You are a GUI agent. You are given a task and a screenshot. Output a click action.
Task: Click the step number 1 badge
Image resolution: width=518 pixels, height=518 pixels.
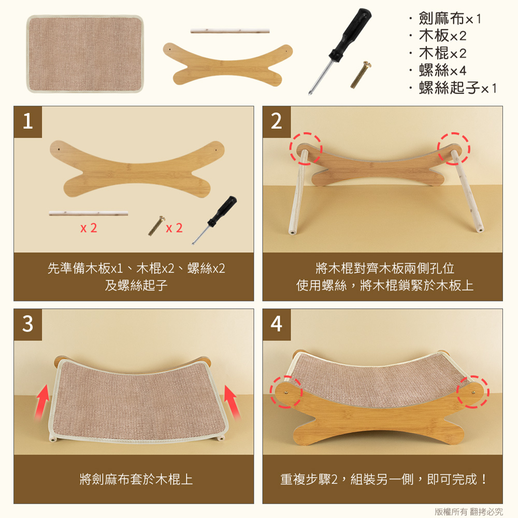point(28,122)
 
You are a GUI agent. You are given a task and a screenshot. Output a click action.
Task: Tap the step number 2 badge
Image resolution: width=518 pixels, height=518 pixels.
point(277,122)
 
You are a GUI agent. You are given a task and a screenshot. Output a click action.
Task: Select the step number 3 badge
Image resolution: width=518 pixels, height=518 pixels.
point(28,324)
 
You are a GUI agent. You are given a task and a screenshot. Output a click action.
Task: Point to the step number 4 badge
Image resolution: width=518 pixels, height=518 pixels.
point(277,324)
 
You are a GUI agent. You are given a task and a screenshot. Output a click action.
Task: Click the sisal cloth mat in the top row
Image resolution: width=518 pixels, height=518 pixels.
point(85,54)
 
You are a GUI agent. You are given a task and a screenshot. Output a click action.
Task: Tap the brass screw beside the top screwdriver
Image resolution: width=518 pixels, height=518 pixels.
point(361,75)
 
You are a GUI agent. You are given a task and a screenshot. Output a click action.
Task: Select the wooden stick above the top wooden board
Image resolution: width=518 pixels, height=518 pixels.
point(230,31)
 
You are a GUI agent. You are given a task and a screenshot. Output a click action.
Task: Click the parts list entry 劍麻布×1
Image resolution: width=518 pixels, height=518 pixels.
point(450,18)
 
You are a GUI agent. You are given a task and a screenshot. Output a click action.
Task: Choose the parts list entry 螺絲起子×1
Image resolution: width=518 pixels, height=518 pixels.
point(457,88)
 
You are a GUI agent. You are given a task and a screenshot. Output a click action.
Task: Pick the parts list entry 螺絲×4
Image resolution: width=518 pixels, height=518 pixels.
point(442,70)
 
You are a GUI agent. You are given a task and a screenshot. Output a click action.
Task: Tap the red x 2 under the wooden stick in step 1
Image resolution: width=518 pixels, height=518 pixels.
point(89,228)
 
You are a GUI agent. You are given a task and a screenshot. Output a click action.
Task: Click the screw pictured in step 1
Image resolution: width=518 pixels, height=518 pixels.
point(156,226)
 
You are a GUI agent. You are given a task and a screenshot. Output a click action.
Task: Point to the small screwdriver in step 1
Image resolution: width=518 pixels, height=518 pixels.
point(214,220)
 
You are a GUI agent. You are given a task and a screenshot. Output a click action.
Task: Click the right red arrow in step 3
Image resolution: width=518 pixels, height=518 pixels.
point(232,402)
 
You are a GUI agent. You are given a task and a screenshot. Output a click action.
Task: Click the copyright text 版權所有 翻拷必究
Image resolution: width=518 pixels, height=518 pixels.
point(468,512)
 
